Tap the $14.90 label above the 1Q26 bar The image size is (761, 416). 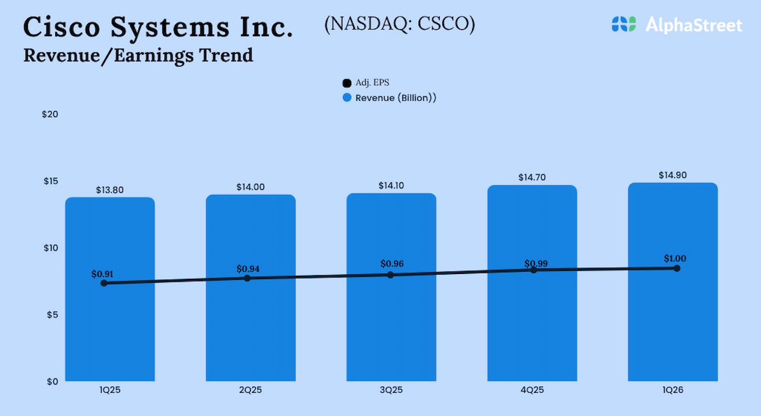(672, 175)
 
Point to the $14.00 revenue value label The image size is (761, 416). (250, 187)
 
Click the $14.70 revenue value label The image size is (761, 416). (532, 178)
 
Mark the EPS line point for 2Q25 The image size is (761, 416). (247, 278)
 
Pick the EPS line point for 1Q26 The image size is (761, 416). (677, 268)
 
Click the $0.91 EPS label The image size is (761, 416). (102, 275)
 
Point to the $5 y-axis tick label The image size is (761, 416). (52, 314)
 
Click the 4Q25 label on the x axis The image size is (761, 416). (532, 390)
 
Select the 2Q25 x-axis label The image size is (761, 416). (250, 390)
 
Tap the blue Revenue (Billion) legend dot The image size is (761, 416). (347, 98)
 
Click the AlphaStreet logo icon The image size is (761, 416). (624, 24)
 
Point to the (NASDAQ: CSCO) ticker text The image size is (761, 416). (400, 24)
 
